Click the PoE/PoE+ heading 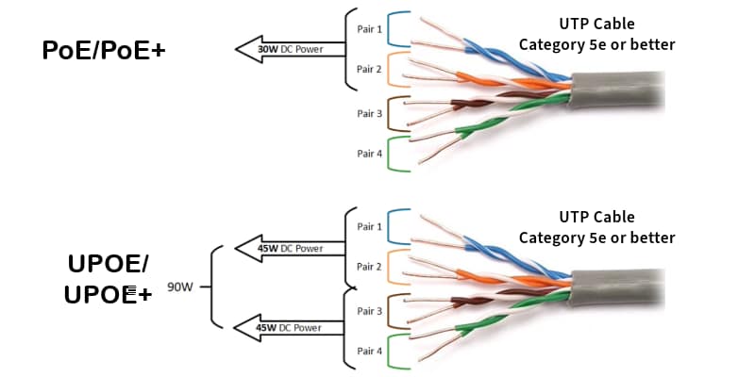(x=104, y=51)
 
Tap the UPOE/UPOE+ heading (x=109, y=279)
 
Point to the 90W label (x=179, y=287)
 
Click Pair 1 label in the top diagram (x=368, y=28)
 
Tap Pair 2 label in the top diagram (x=368, y=70)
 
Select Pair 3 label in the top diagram (x=368, y=113)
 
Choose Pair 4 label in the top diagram (x=368, y=154)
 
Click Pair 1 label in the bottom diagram (x=369, y=227)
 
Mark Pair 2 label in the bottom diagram (x=369, y=268)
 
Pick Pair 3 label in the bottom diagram (x=369, y=311)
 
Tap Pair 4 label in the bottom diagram (x=369, y=352)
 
